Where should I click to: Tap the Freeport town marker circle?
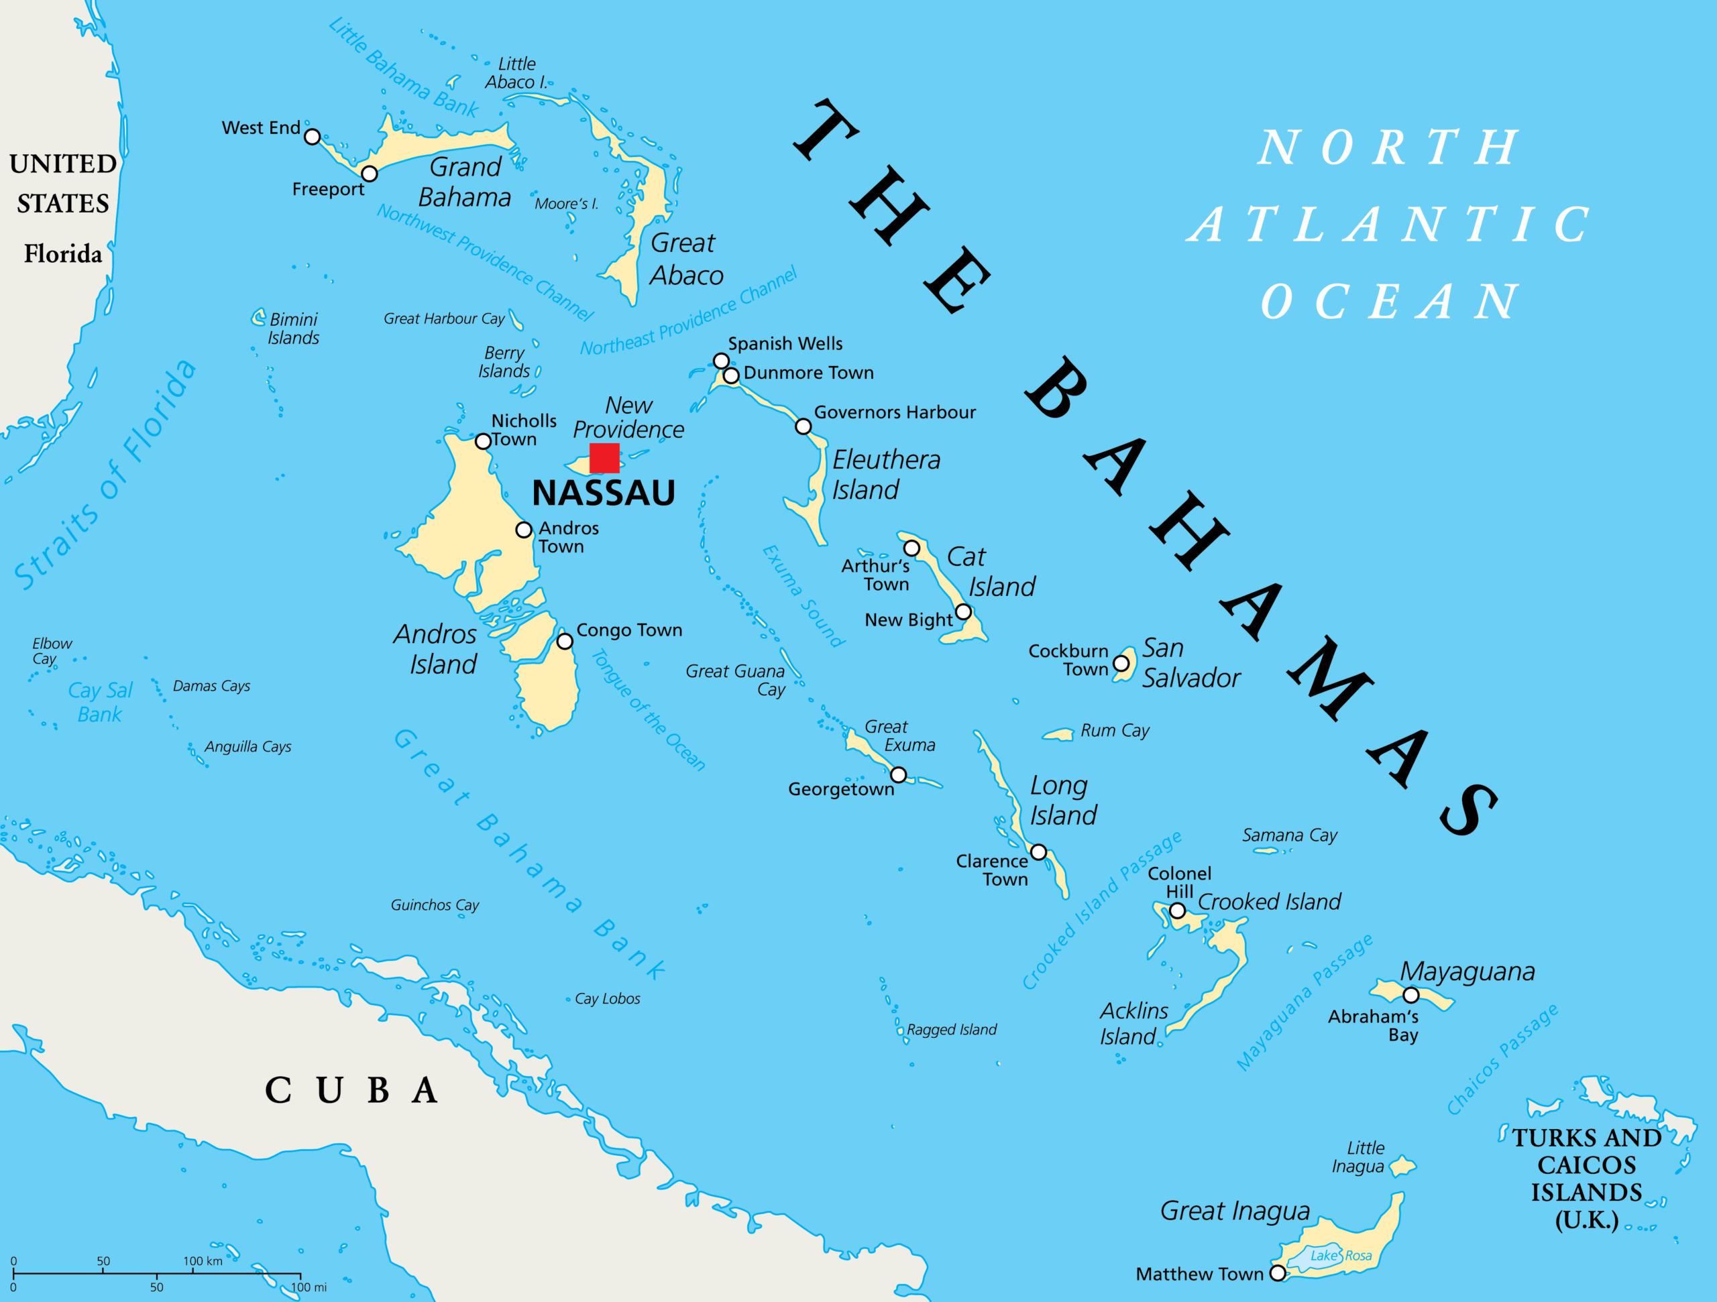coord(370,174)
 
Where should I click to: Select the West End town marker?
coord(312,137)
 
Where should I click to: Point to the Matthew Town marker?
coord(1278,1273)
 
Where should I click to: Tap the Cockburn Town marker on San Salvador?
coord(1121,664)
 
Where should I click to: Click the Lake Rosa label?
coord(1341,1256)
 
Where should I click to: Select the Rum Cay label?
coord(1115,730)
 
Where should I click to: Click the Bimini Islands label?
coord(293,329)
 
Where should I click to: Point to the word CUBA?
coord(351,1090)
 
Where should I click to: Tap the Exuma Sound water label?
coord(803,596)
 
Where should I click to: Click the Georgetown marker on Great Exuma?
coord(898,775)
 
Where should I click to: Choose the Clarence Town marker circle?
coord(1038,852)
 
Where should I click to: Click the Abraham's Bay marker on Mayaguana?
coord(1411,995)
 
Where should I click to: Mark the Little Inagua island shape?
coord(1402,1166)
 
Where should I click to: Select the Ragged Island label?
coord(952,1030)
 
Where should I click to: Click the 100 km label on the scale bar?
coord(203,1261)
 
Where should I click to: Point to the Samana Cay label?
coord(1289,835)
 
